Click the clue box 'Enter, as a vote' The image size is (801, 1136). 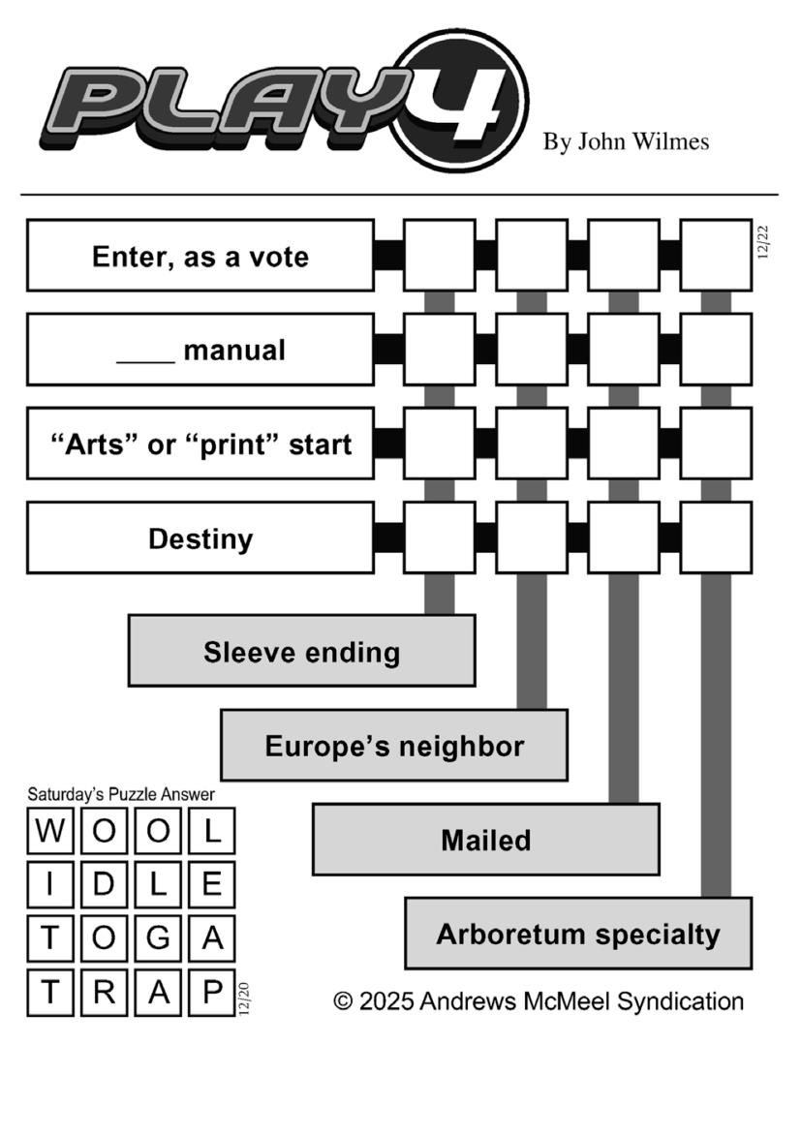(200, 256)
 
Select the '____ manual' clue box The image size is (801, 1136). (200, 350)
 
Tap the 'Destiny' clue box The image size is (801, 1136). (200, 538)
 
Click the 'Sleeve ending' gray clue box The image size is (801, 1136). (301, 651)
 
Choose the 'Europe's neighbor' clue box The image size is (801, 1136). (393, 746)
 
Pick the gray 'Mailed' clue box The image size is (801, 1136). (485, 840)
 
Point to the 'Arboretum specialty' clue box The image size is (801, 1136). (577, 934)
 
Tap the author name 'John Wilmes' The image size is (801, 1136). (643, 142)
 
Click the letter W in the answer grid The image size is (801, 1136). (50, 832)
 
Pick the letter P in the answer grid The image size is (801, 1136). (212, 991)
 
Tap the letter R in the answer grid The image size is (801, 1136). (105, 991)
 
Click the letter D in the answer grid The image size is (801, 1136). (105, 884)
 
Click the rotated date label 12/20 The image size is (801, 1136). (244, 998)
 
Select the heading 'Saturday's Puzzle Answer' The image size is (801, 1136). (121, 794)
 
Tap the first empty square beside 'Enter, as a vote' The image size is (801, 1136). (440, 256)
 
